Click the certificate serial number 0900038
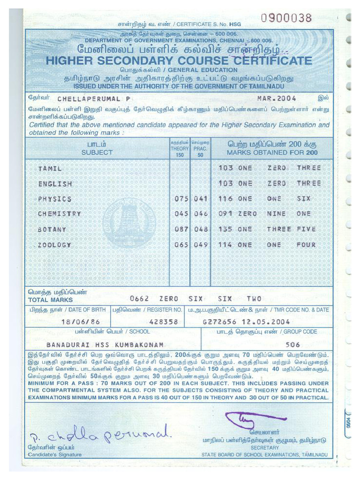pyautogui.click(x=286, y=18)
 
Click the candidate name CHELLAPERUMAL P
pyautogui.click(x=94, y=99)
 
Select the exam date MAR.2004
pyautogui.click(x=277, y=99)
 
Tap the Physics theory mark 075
pyautogui.click(x=181, y=199)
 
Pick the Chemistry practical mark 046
pyautogui.click(x=200, y=214)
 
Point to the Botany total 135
pyautogui.click(x=225, y=229)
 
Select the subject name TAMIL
pyautogui.click(x=50, y=168)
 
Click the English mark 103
pyautogui.click(x=225, y=183)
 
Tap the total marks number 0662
pyautogui.click(x=139, y=299)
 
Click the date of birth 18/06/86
pyautogui.click(x=81, y=322)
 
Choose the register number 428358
pyautogui.click(x=163, y=322)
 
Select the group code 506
pyautogui.click(x=292, y=344)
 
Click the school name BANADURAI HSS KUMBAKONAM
pyautogui.click(x=105, y=344)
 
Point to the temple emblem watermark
pyautogui.click(x=129, y=222)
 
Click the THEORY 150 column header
pyautogui.click(x=180, y=148)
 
